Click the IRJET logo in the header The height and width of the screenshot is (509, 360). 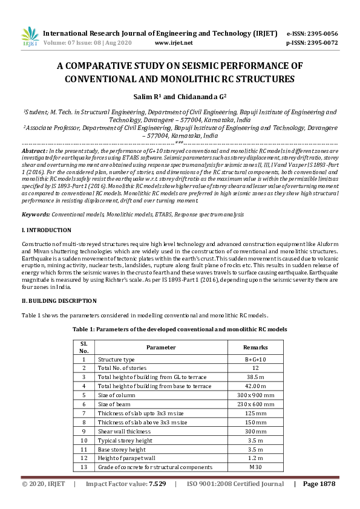30,37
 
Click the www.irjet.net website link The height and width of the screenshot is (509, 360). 174,43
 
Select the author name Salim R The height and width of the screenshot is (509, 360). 148,96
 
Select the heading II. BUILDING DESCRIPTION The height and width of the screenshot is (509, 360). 59,300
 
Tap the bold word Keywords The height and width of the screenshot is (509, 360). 36,215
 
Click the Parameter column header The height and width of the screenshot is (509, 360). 161,347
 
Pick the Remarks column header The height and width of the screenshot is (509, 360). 255,347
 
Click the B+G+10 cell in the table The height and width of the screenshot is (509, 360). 255,358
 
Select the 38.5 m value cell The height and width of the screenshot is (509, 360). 255,377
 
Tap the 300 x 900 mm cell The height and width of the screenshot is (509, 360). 255,395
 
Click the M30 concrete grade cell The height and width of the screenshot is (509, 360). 255,467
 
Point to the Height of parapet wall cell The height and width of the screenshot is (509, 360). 129,458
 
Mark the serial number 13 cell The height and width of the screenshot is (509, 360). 84,467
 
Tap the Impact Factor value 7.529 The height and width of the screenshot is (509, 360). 157,484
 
